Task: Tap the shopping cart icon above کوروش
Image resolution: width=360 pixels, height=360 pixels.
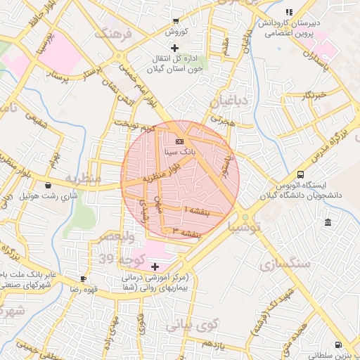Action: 175,21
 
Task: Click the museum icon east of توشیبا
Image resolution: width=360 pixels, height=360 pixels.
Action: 328,223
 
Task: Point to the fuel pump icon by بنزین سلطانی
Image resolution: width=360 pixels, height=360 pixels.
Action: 340,345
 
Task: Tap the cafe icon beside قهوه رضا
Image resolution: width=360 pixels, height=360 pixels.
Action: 84,278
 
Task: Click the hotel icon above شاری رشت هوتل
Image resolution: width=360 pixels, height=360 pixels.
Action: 47,186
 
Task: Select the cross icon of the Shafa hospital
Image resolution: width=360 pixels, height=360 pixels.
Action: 155,266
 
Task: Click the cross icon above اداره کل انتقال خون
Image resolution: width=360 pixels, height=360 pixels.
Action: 175,47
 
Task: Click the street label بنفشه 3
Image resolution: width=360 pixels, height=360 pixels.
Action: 182,231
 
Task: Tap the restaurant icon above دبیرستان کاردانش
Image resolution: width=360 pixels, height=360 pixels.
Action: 288,12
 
